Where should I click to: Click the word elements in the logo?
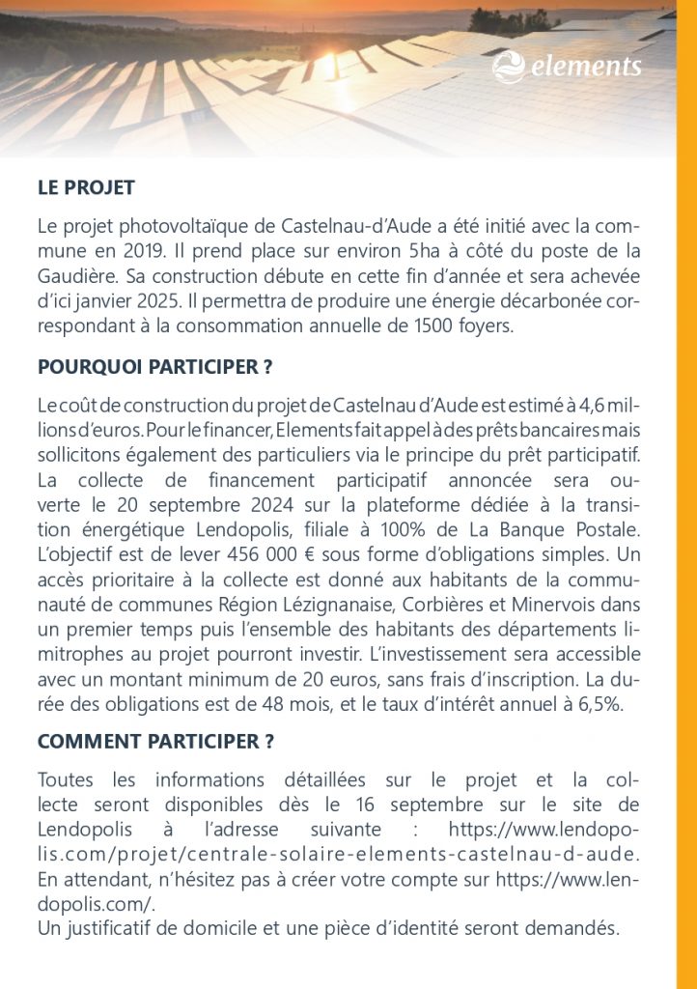pos(585,67)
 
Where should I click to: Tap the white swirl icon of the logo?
pos(508,67)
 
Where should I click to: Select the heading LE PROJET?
pos(86,187)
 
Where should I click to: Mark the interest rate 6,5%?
pos(599,704)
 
